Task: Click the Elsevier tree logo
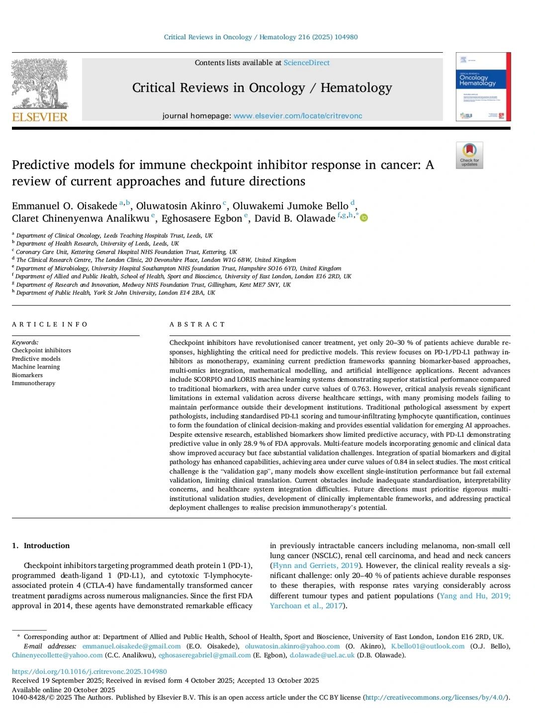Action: point(40,84)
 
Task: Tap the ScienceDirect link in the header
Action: point(306,63)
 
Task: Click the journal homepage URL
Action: point(297,116)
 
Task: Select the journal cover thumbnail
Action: point(483,87)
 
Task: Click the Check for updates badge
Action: point(469,155)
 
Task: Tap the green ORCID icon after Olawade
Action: point(364,218)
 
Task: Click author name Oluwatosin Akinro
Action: point(178,206)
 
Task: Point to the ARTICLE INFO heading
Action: point(50,324)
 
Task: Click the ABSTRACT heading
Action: point(197,324)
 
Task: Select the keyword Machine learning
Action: point(36,367)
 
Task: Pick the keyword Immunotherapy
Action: point(33,383)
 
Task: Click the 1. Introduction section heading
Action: point(41,546)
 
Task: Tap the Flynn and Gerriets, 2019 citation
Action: point(315,565)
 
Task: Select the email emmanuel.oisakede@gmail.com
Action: point(131,646)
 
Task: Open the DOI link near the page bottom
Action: point(89,671)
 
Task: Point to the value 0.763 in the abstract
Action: point(361,389)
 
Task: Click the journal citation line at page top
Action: point(261,37)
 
